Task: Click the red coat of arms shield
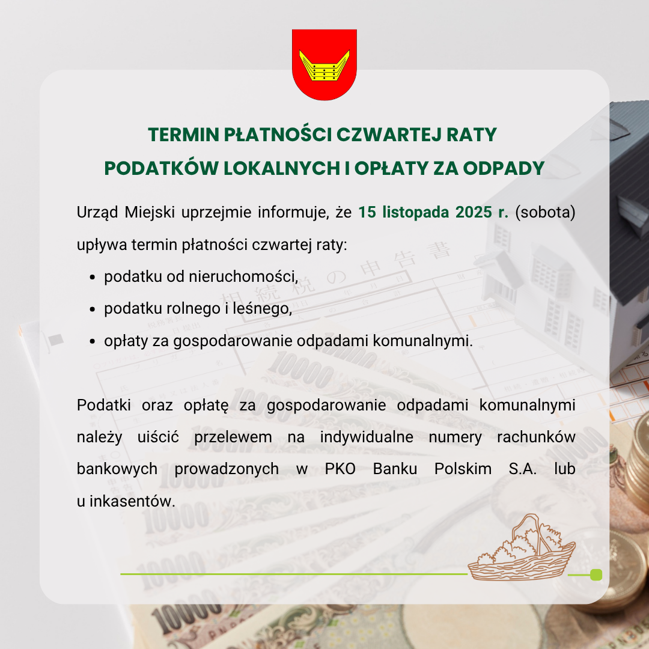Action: coord(324,64)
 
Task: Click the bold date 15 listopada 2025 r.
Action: coord(433,213)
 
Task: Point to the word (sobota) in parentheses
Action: coord(546,213)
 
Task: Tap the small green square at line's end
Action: coord(596,574)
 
